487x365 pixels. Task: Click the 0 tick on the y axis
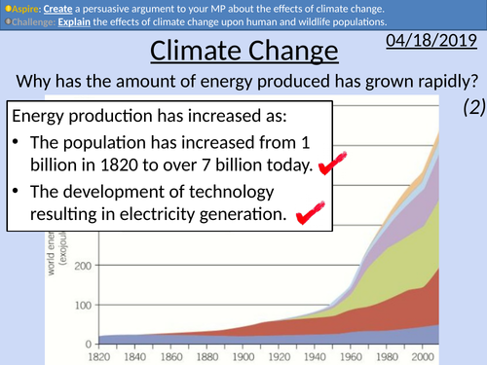pyautogui.click(x=90, y=343)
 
